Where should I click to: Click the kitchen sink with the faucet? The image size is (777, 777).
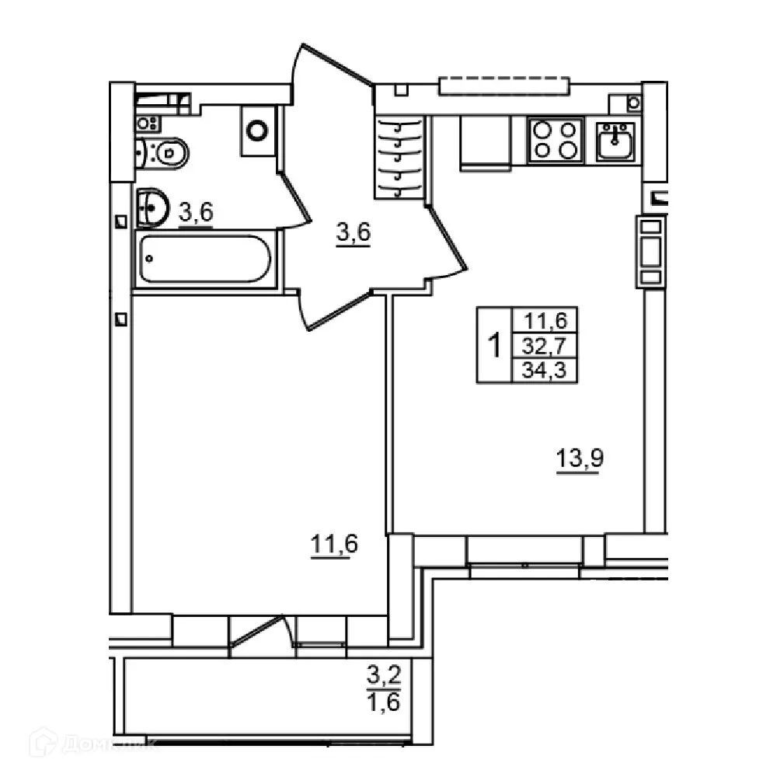[x=615, y=141]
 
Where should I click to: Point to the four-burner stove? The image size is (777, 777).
[x=556, y=140]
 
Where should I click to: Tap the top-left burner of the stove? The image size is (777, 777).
[x=542, y=129]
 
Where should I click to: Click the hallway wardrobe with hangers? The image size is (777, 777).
[x=401, y=158]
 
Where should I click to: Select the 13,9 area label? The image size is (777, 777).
[x=580, y=459]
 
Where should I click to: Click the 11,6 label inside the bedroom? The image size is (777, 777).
[x=334, y=545]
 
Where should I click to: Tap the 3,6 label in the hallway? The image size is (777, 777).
[x=353, y=232]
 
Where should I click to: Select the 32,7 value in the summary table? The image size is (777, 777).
[x=545, y=344]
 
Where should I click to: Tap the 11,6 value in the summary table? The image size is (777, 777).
[x=545, y=319]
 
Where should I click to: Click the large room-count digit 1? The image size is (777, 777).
[x=493, y=344]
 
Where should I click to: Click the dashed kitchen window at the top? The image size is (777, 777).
[x=504, y=85]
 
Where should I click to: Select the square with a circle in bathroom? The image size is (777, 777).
[x=257, y=128]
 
